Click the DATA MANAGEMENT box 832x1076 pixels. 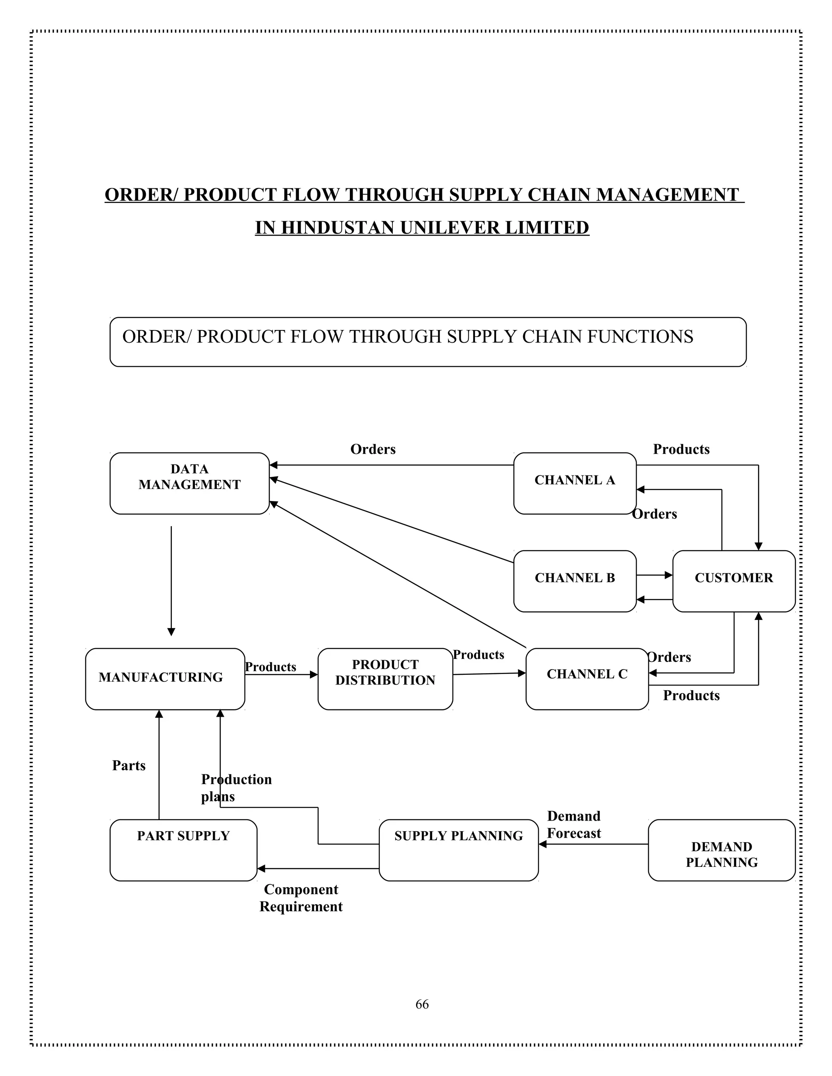(x=189, y=483)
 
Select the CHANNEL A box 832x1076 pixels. (x=575, y=483)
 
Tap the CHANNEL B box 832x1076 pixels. (x=575, y=581)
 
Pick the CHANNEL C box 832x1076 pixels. (x=587, y=678)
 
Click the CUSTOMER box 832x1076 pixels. (x=733, y=581)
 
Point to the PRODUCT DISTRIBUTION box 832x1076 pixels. (x=385, y=678)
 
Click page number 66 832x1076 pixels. (x=422, y=1004)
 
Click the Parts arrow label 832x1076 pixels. (x=129, y=766)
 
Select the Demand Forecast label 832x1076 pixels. (x=574, y=825)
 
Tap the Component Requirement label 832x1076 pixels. (x=301, y=898)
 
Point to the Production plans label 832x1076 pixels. (x=236, y=788)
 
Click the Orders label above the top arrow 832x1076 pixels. (x=373, y=449)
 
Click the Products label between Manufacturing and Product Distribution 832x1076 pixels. (x=270, y=667)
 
